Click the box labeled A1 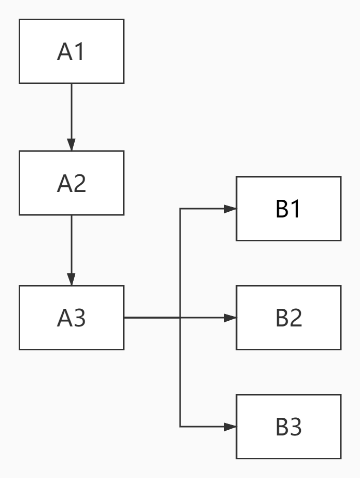click(72, 51)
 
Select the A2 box click(72, 183)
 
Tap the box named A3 click(72, 317)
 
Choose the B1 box click(288, 209)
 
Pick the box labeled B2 click(288, 317)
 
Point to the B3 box click(288, 426)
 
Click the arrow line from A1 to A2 click(72, 112)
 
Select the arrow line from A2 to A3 click(72, 244)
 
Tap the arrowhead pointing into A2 click(72, 145)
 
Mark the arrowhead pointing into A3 click(72, 279)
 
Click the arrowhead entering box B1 click(230, 209)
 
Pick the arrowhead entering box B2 click(230, 318)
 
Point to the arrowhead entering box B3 click(230, 427)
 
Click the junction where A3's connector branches click(180, 318)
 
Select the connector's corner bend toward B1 click(180, 209)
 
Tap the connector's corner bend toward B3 click(180, 427)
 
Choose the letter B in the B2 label click(282, 318)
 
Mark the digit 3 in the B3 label click(296, 427)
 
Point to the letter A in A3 click(64, 318)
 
